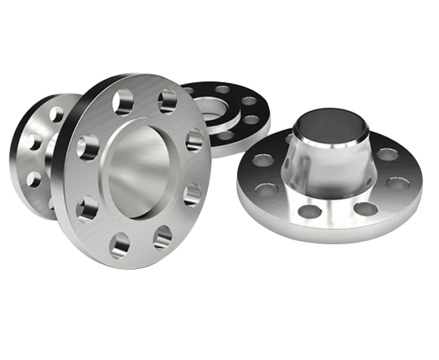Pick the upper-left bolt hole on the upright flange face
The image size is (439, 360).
(124, 101)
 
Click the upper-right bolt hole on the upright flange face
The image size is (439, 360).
(167, 100)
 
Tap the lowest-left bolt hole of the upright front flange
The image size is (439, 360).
(121, 243)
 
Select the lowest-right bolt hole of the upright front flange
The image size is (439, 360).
(162, 237)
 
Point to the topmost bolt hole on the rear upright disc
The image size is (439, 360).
(56, 114)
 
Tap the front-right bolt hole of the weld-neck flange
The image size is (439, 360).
(366, 209)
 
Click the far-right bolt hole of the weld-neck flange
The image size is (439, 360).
(397, 183)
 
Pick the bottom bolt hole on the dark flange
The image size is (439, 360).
(226, 135)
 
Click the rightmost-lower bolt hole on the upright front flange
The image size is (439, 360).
(192, 193)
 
